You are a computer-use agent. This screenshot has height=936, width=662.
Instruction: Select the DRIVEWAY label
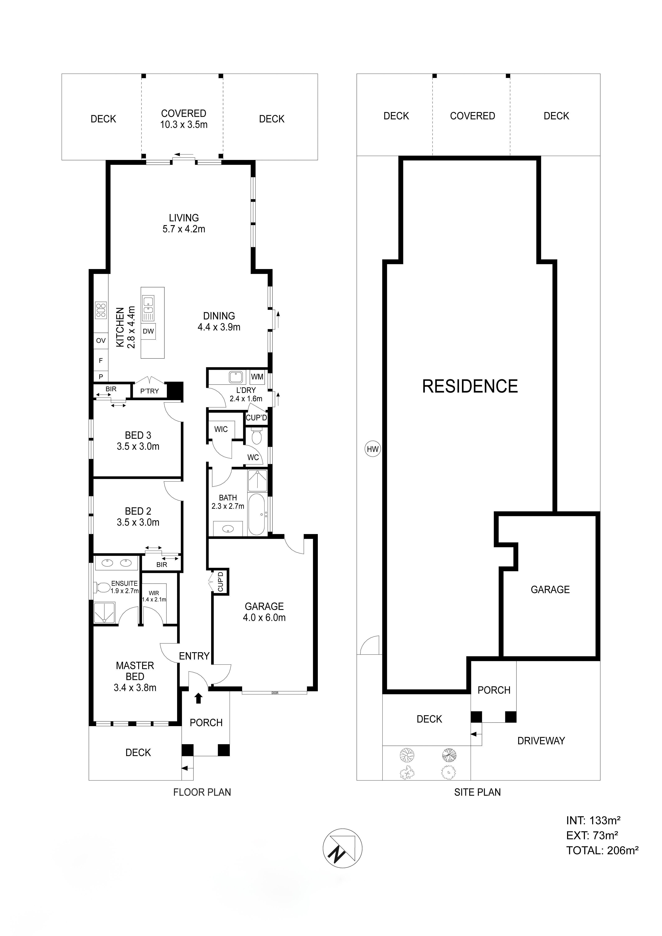541,741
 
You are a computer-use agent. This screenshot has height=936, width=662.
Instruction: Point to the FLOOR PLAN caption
202,792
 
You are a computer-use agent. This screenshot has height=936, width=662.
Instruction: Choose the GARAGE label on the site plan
550,589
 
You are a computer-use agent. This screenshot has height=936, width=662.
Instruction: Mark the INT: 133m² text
593,820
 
